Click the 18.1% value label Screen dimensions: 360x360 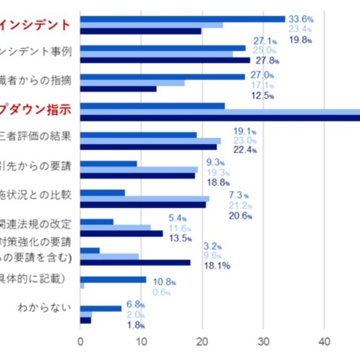pos(216,265)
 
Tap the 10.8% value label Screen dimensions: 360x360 pos(164,281)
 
